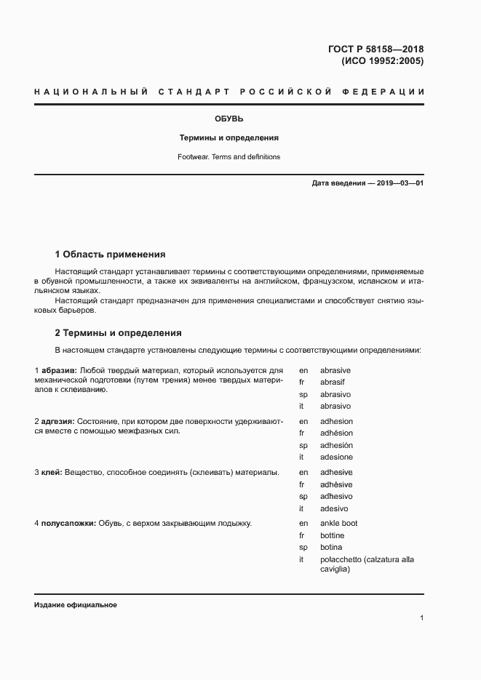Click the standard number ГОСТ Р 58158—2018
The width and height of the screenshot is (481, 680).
(375, 49)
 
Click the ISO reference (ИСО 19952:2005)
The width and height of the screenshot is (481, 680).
(382, 61)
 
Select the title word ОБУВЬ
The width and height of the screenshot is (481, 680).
(228, 118)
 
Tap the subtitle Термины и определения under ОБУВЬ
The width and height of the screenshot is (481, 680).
(228, 137)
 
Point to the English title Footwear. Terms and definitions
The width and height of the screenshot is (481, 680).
(228, 156)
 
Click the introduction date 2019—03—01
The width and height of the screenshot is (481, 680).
(400, 183)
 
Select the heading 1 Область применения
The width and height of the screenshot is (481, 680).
(111, 255)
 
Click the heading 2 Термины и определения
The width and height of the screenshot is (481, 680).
(118, 333)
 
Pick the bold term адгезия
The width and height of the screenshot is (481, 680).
(57, 421)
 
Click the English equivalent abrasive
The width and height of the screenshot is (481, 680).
(335, 370)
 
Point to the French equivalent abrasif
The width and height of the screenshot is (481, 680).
(333, 382)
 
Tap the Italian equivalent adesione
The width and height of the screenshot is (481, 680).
(336, 457)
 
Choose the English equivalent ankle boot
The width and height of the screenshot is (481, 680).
(338, 523)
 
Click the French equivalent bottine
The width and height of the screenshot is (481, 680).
(332, 535)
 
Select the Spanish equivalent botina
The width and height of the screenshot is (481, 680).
(331, 547)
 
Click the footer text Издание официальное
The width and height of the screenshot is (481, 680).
(76, 605)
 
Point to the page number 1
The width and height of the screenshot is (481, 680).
(421, 618)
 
